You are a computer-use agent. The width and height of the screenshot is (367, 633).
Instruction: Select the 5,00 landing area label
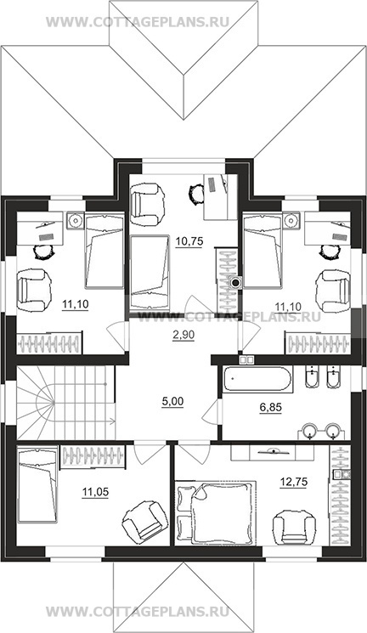pyautogui.click(x=172, y=401)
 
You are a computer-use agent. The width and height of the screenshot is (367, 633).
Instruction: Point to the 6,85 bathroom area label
pyautogui.click(x=270, y=407)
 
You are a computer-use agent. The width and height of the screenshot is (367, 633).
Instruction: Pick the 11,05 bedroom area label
pyautogui.click(x=95, y=492)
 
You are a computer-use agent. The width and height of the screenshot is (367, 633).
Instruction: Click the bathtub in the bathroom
pyautogui.click(x=257, y=380)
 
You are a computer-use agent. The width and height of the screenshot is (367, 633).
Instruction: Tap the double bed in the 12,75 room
pyautogui.click(x=216, y=512)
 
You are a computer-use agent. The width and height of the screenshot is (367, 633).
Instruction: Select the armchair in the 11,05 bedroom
pyautogui.click(x=144, y=519)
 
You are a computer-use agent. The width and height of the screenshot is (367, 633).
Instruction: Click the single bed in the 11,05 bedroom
pyautogui.click(x=37, y=484)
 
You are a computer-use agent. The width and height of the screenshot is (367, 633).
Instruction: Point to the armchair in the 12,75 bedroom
pyautogui.click(x=294, y=527)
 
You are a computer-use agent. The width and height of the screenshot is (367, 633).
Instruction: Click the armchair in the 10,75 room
pyautogui.click(x=148, y=204)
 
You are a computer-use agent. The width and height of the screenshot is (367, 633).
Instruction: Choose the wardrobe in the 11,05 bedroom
pyautogui.click(x=93, y=456)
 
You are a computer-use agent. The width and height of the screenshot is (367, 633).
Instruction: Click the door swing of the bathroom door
pyautogui.click(x=212, y=413)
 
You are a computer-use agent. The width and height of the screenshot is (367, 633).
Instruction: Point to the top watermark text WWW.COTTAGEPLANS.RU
pyautogui.click(x=138, y=22)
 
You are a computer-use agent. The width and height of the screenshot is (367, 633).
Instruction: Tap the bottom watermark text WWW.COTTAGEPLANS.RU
pyautogui.click(x=138, y=610)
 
